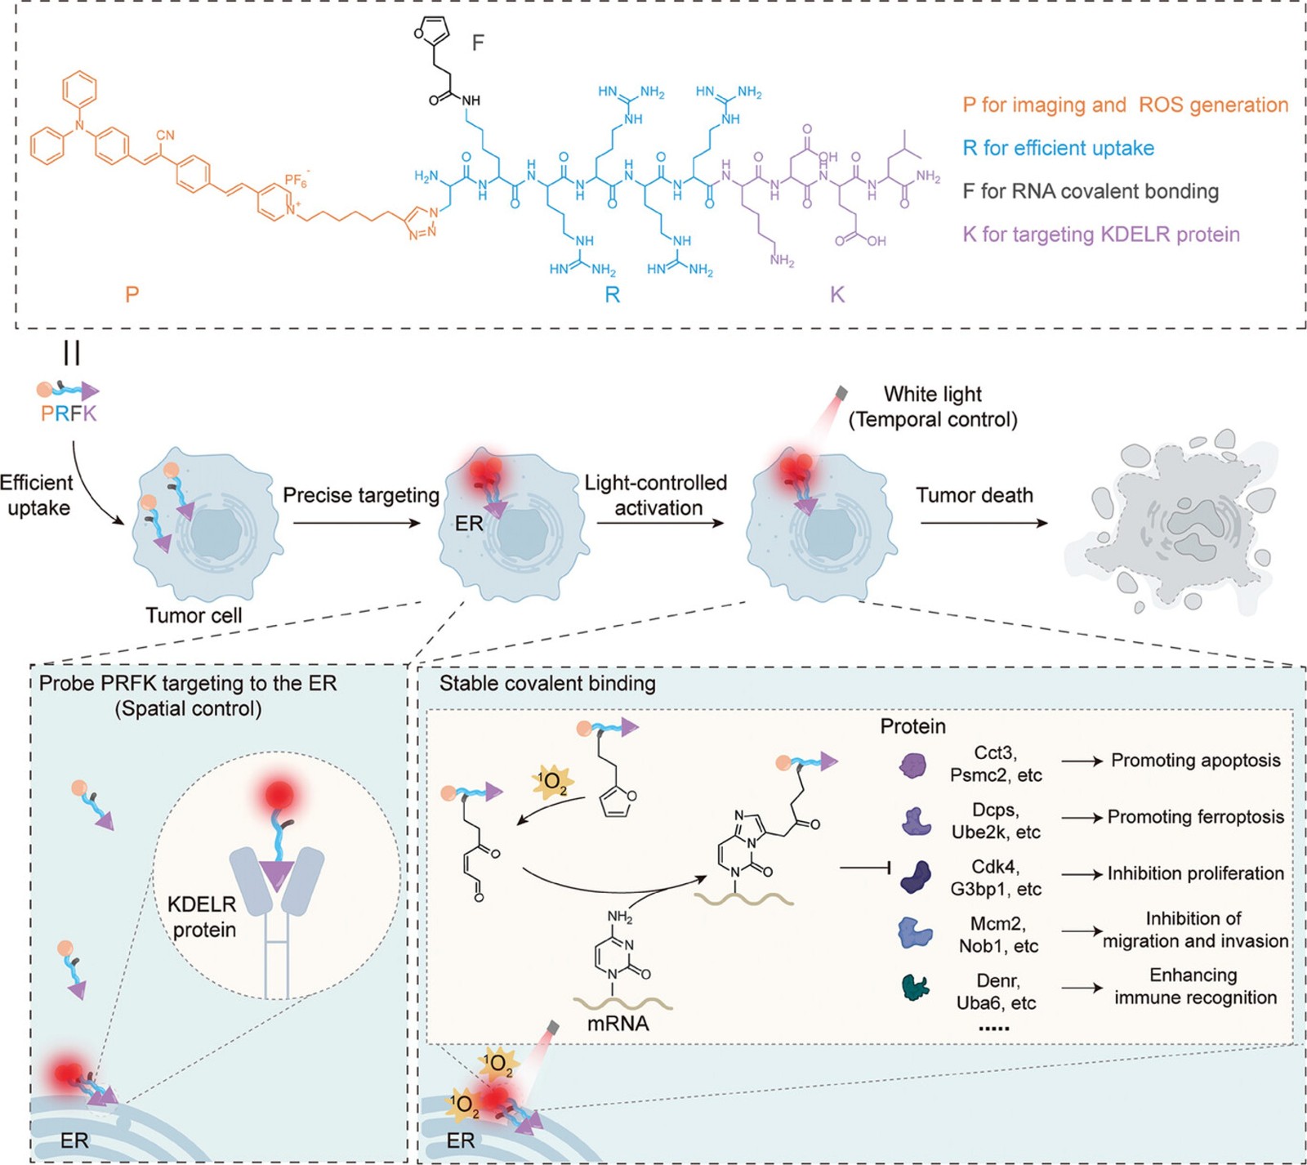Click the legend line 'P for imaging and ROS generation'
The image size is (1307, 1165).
coord(1125,105)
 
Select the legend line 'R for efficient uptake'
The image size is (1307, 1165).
coord(1058,149)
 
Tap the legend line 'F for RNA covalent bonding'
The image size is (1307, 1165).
coord(1091,192)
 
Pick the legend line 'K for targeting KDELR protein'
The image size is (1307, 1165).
coord(1101,235)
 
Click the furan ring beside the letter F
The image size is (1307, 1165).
coord(432,33)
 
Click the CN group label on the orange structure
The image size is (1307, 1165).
coord(165,135)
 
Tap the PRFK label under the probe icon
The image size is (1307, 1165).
coord(69,413)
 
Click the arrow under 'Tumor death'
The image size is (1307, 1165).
coord(984,522)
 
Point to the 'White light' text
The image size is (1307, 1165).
coord(933,395)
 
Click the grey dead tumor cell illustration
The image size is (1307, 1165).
coord(1176,523)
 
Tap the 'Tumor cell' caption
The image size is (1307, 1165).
coord(194,615)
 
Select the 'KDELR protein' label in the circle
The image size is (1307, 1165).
coord(203,917)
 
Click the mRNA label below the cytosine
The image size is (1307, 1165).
coord(618,1024)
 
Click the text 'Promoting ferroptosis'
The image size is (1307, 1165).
coord(1195,817)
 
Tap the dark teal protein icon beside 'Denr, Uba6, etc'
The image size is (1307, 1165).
coord(916,988)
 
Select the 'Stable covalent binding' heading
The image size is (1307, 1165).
coord(547,684)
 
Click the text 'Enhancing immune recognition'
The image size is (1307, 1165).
coord(1194,986)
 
